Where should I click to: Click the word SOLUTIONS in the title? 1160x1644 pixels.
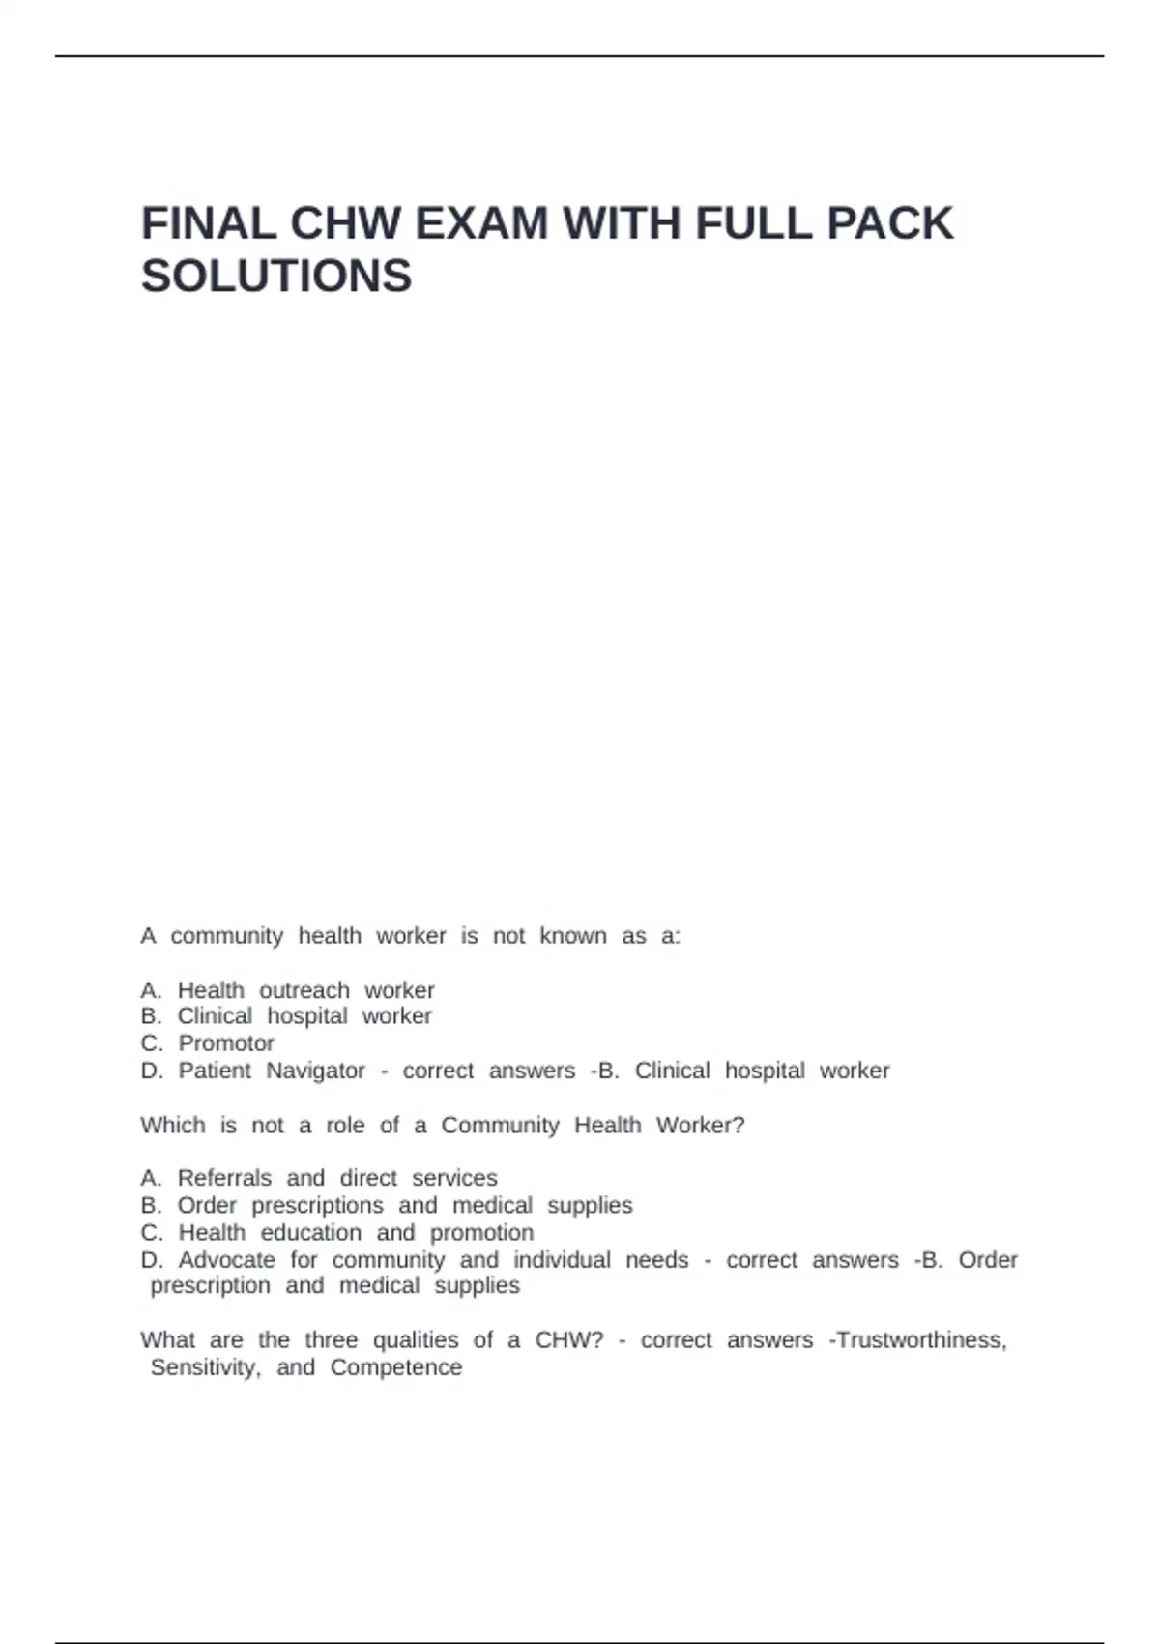pos(276,277)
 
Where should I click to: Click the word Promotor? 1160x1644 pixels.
pos(226,1043)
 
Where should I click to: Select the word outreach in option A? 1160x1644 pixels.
pos(304,990)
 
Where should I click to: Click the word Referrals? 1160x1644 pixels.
pos(224,1178)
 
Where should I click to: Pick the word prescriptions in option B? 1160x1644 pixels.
pos(318,1206)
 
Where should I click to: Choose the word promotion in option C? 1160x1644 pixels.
pos(481,1233)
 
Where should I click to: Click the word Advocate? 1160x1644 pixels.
pos(227,1260)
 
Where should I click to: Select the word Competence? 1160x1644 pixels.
pos(396,1367)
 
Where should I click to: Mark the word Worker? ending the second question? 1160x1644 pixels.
pos(701,1126)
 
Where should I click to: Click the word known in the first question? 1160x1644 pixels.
pos(573,936)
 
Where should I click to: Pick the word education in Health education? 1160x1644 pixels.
pos(311,1233)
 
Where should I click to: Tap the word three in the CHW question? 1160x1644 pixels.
pos(332,1340)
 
